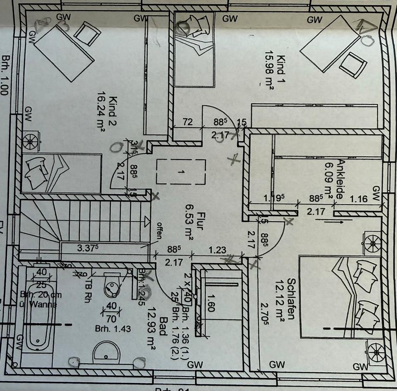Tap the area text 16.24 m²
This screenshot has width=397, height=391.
click(x=101, y=112)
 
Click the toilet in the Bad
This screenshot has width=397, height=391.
click(x=112, y=285)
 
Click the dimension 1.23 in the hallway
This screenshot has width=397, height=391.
click(x=217, y=250)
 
